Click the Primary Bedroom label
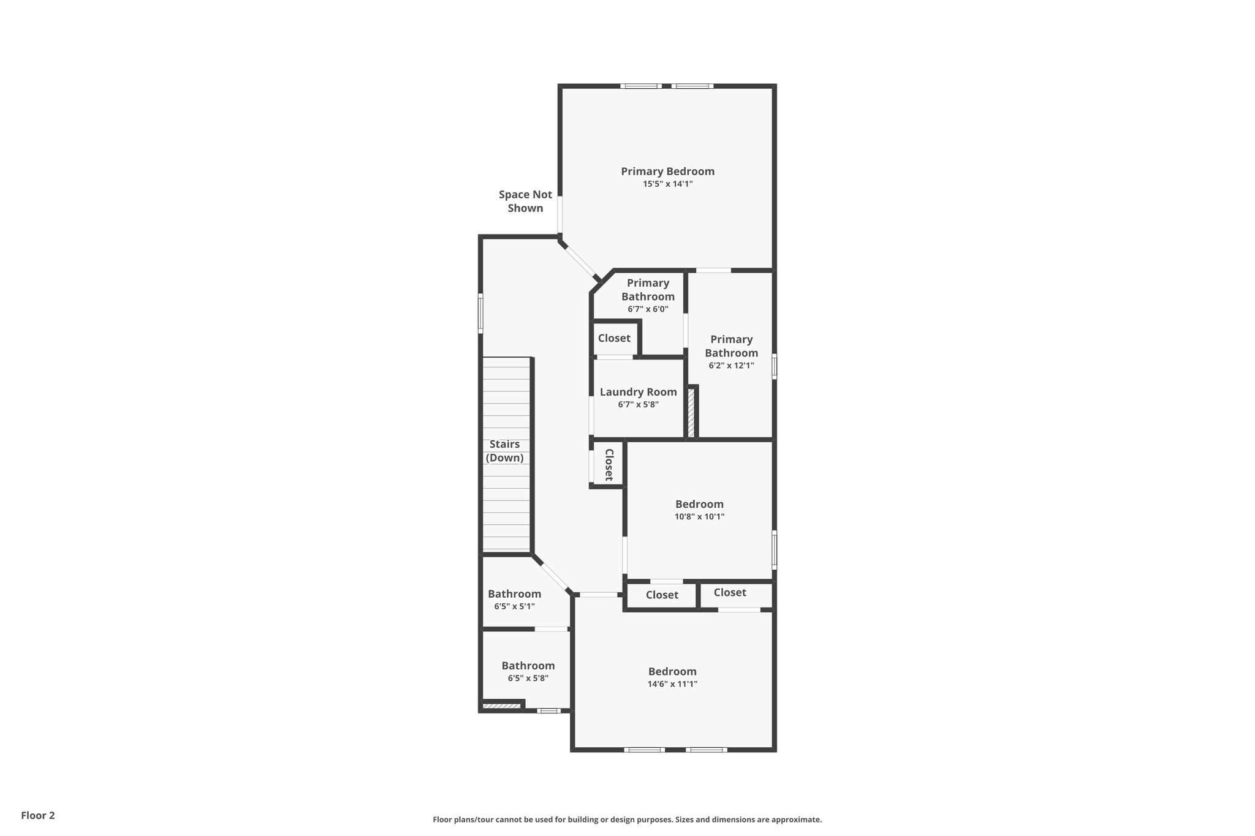click(667, 171)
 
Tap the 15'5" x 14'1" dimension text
click(667, 184)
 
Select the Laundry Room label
click(638, 392)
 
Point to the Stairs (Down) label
click(504, 451)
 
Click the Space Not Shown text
click(525, 201)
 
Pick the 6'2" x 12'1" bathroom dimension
click(731, 366)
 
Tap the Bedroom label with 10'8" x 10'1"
click(699, 504)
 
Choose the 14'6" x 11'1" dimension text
click(672, 684)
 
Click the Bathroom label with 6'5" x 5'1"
click(514, 593)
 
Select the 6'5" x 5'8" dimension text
click(528, 678)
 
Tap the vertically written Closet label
click(609, 465)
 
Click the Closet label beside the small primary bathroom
click(614, 338)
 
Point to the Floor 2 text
click(38, 815)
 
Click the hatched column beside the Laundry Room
click(692, 413)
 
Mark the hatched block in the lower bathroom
click(501, 706)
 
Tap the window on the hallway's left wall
click(481, 313)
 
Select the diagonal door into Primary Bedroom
click(580, 262)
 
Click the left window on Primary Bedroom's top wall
click(640, 86)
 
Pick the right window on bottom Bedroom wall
click(706, 750)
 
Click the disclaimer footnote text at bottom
click(627, 819)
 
